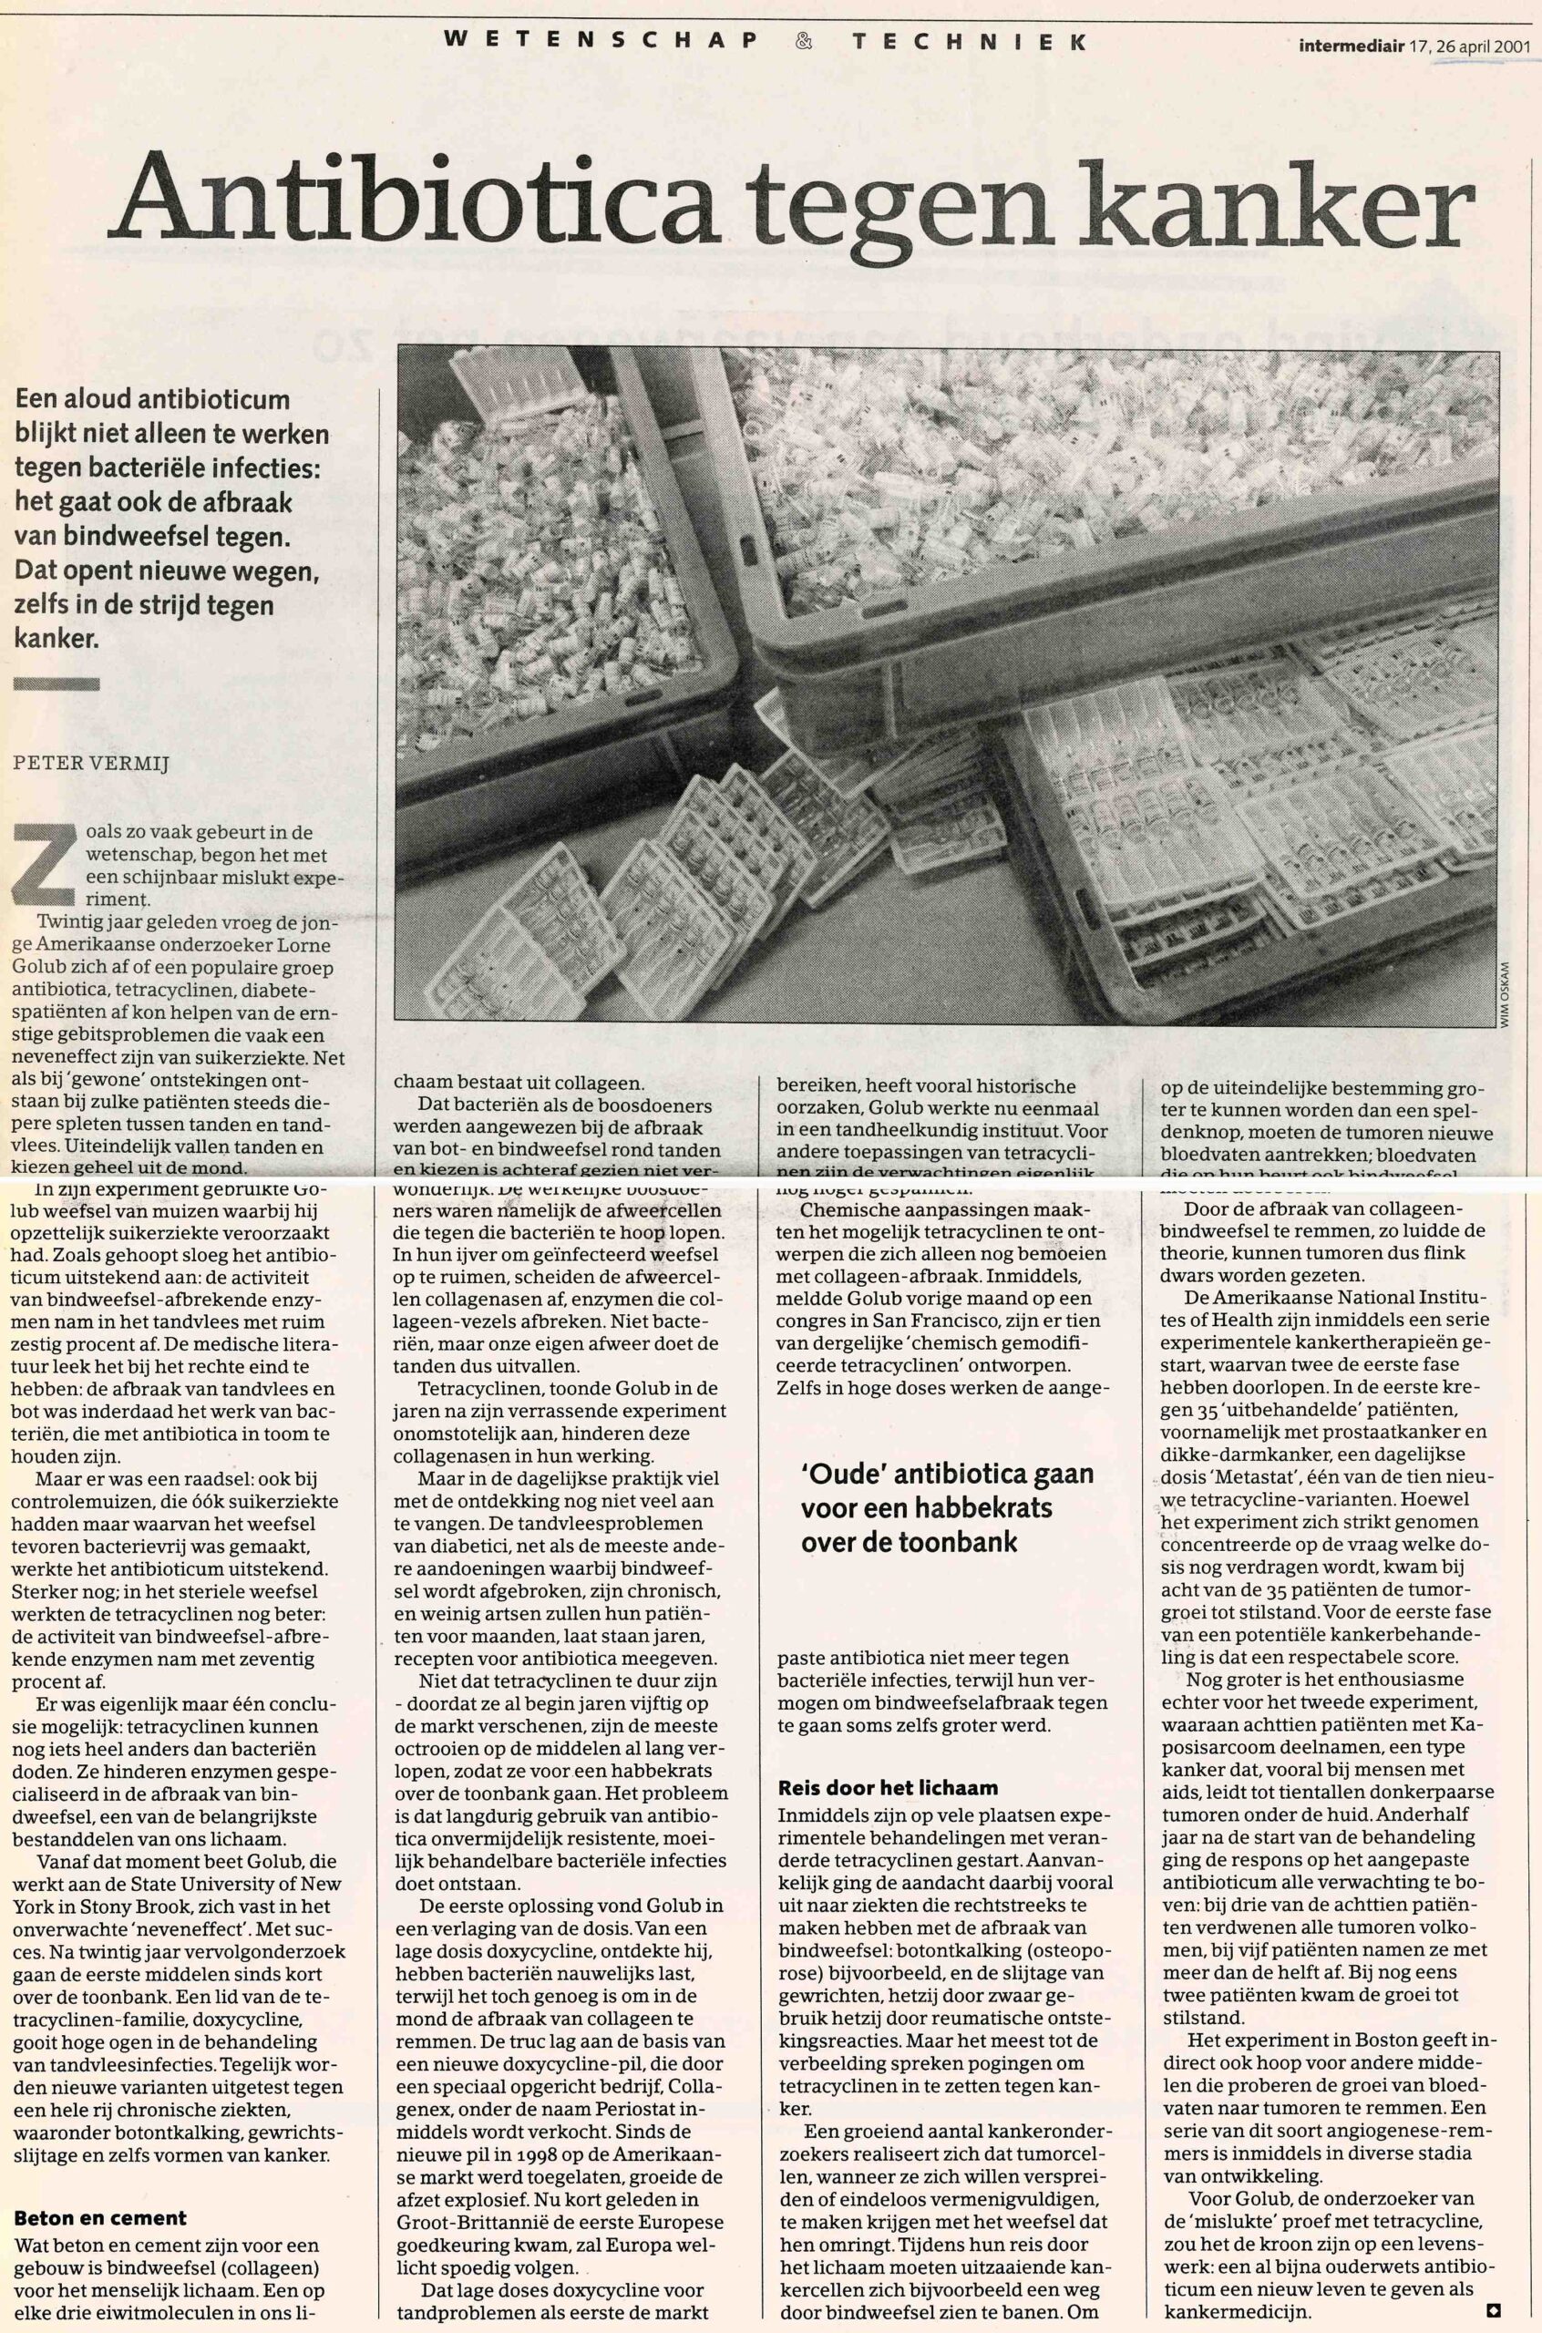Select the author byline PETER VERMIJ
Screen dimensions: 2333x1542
tap(90, 762)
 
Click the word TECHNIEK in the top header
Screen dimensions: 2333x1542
tap(970, 42)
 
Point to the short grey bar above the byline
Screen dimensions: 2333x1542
tap(57, 684)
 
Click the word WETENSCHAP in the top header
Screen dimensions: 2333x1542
tap(601, 42)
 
